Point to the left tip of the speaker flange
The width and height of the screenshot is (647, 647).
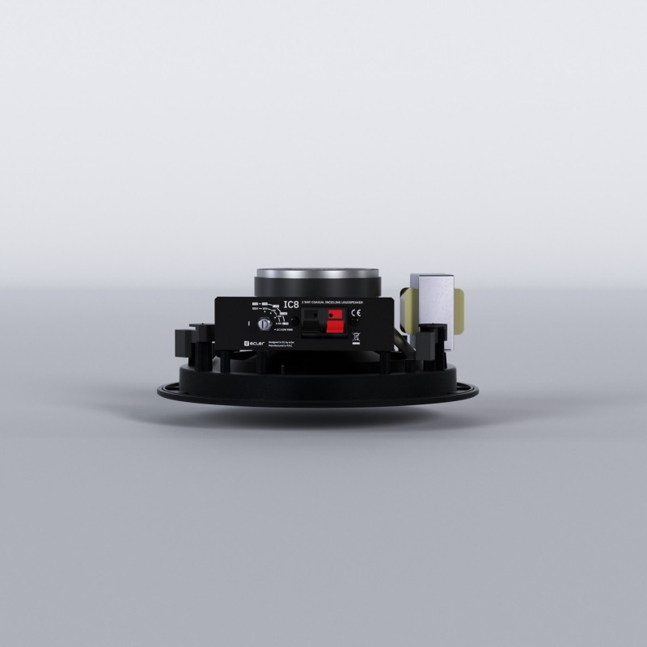[160, 389]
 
